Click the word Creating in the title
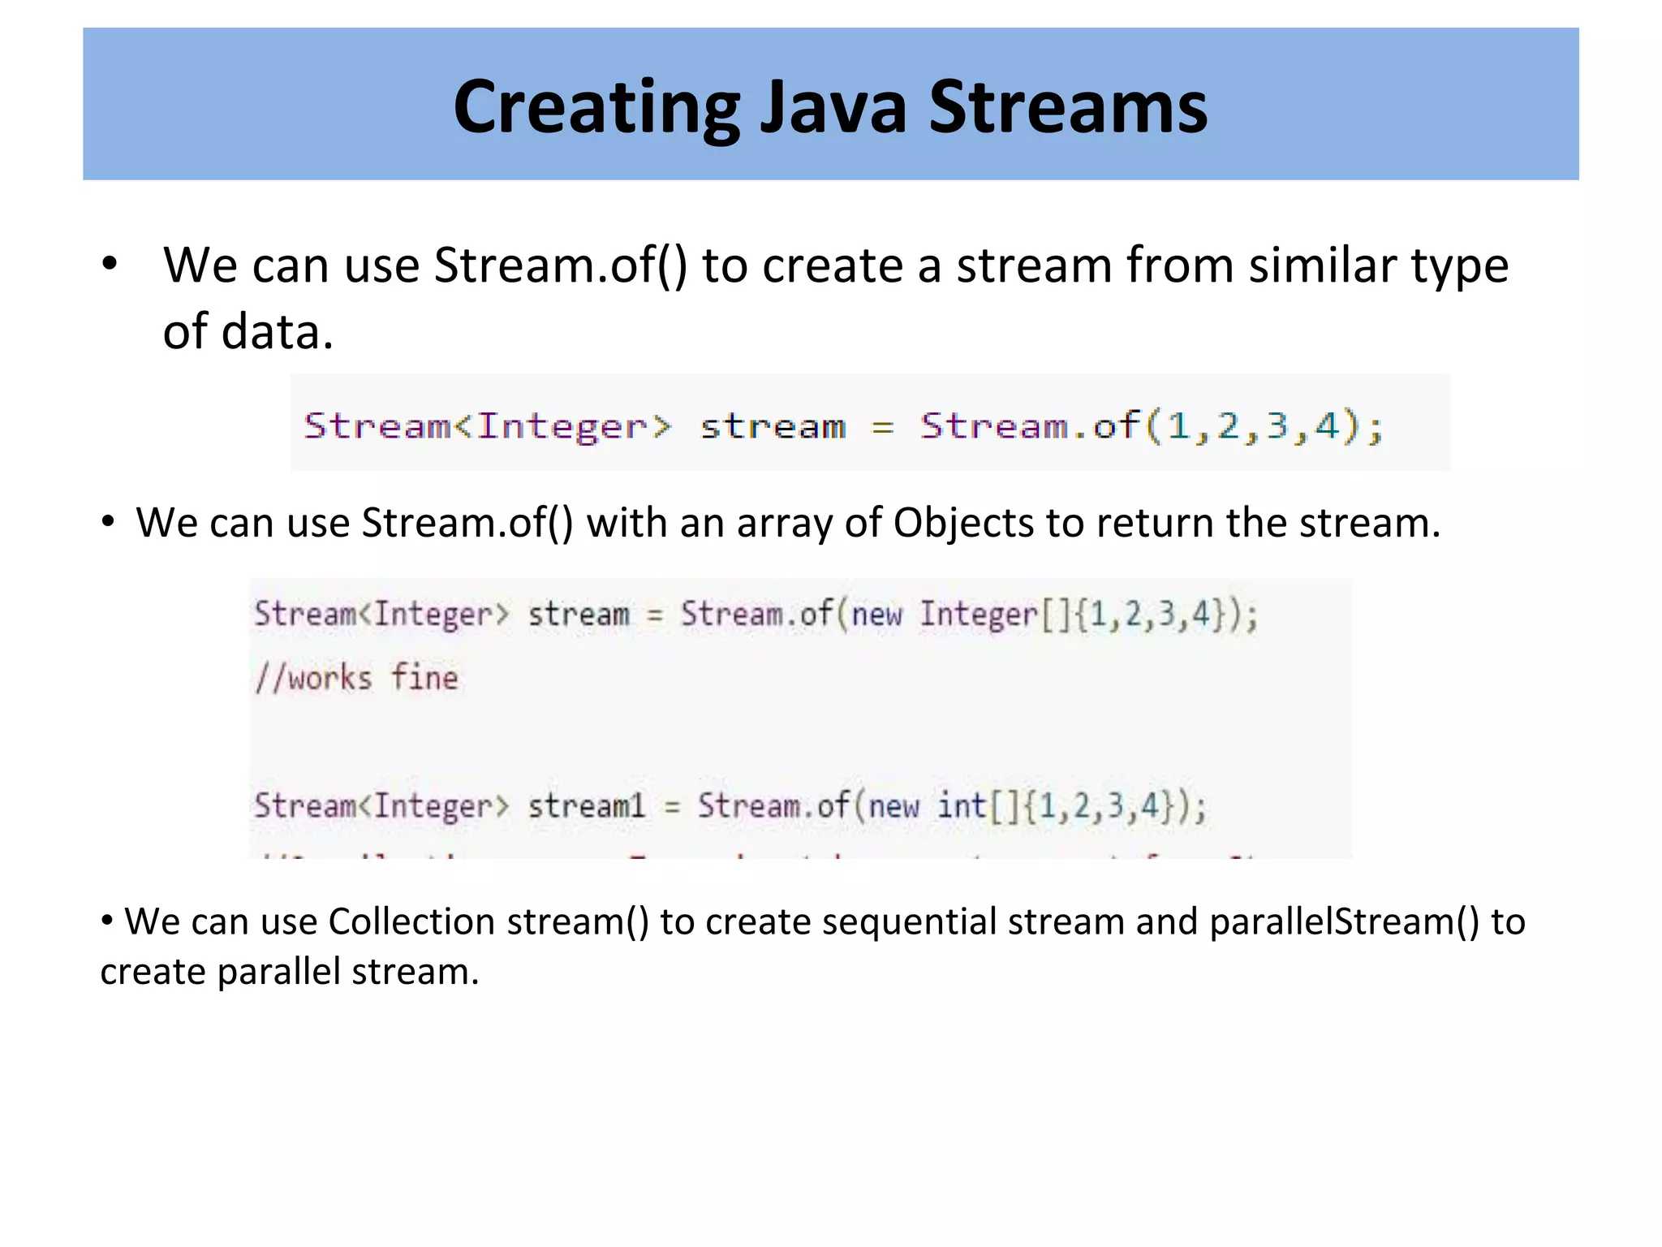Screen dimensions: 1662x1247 point(596,108)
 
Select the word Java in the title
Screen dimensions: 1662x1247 point(833,108)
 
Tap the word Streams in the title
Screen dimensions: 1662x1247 point(1068,108)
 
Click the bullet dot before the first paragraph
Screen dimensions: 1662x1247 point(110,264)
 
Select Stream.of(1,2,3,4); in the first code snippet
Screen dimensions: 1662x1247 point(1152,425)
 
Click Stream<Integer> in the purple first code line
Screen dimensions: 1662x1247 point(488,425)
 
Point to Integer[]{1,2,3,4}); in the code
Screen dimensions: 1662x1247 point(1088,615)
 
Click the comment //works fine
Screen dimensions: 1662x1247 point(356,678)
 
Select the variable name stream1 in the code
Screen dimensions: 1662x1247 point(587,806)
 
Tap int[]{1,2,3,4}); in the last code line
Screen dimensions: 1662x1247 point(1072,806)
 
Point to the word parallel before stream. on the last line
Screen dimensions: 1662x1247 point(279,972)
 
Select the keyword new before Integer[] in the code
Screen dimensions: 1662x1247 point(876,615)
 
